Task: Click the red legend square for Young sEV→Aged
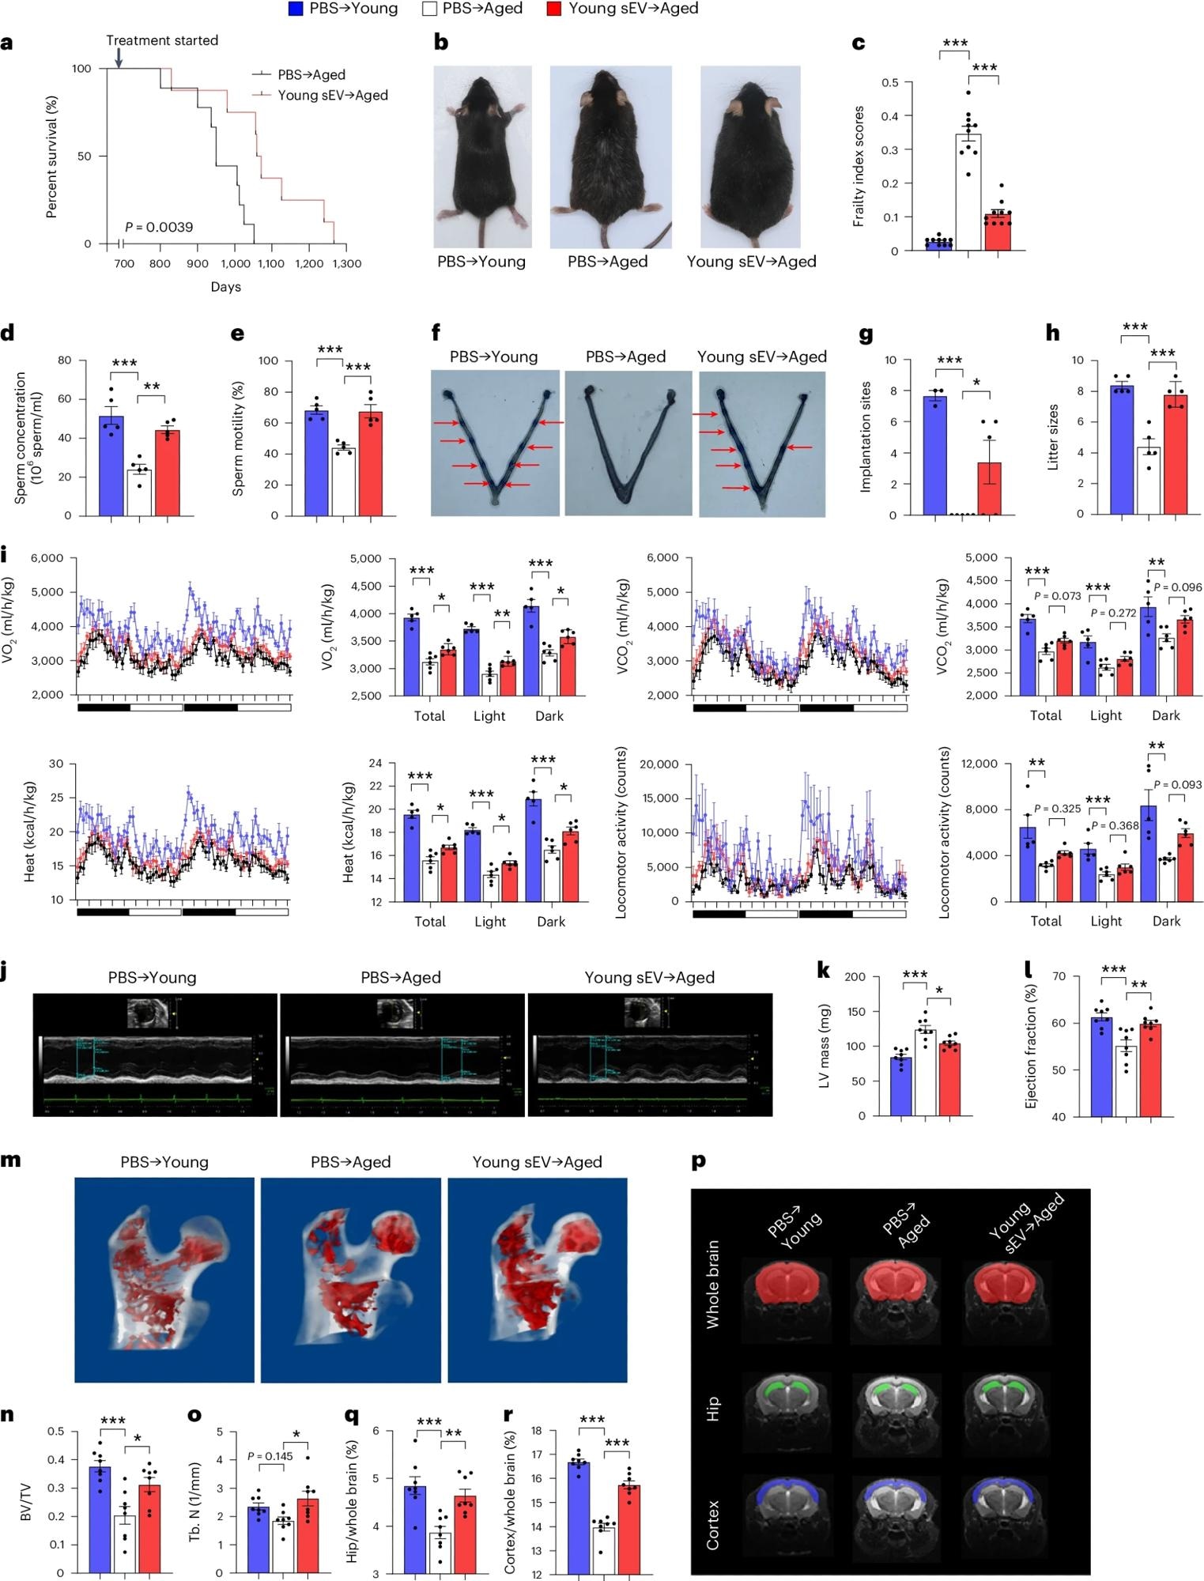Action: tap(554, 9)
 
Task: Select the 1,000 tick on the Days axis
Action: tap(234, 263)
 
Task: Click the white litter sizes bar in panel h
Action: tap(1148, 481)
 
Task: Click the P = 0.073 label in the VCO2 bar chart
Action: tap(1057, 596)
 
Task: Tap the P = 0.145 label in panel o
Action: tap(270, 1456)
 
